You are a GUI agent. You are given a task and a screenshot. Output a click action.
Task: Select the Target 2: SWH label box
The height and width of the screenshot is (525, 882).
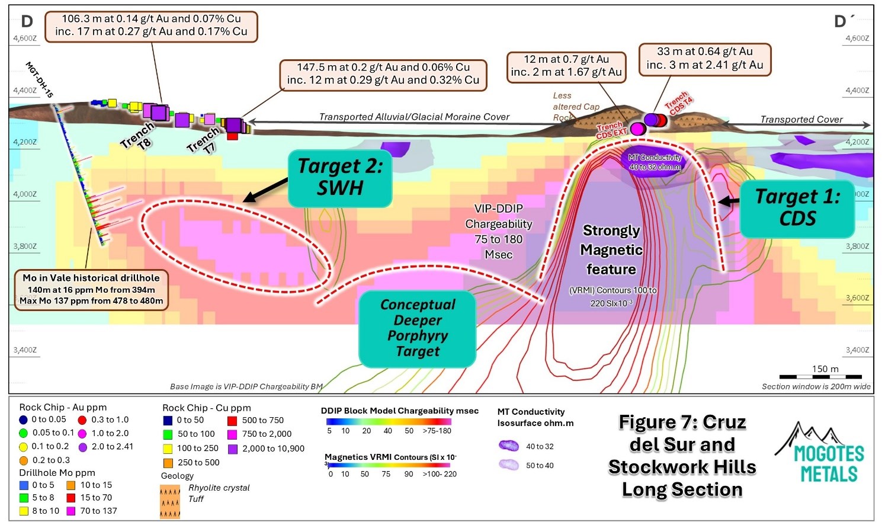coord(340,177)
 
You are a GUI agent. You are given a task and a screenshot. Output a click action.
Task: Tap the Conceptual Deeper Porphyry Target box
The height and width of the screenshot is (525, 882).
coord(418,328)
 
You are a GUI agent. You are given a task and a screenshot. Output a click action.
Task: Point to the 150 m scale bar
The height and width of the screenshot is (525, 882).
coord(820,376)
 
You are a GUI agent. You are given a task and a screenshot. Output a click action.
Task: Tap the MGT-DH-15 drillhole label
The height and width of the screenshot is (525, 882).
coord(40,79)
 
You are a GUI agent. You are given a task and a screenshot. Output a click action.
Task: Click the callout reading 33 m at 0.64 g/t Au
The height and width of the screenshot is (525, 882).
coord(705,59)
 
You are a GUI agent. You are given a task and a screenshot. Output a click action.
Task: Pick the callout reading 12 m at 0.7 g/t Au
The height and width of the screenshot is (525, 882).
coord(566,66)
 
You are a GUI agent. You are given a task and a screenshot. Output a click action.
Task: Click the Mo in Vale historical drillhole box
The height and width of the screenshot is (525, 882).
coord(91,290)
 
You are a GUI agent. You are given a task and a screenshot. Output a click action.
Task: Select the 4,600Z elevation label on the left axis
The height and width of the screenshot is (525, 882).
coord(25,39)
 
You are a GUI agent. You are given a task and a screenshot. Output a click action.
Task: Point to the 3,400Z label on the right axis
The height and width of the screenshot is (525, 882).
coord(857,350)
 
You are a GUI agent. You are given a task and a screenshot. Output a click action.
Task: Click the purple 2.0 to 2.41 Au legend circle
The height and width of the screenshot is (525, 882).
coord(82,447)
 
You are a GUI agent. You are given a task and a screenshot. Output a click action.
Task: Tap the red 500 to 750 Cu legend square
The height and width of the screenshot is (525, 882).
coord(232,421)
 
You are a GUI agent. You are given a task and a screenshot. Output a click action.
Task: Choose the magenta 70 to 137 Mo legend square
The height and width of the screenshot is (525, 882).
coord(71,511)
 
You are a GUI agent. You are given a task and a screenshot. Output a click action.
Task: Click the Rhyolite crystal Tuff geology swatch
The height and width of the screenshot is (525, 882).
coord(170,501)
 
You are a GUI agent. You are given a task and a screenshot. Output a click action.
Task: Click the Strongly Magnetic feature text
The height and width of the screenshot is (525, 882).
coord(611,250)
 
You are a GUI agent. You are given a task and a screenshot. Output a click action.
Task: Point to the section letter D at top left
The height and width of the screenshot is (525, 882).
coord(27,22)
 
